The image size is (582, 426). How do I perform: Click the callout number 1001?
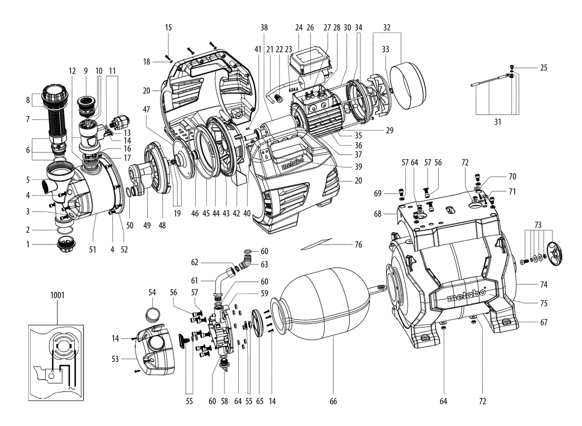(x=57, y=295)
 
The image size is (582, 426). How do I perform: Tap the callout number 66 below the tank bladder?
(x=333, y=401)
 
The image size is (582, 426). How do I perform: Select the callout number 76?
(x=358, y=245)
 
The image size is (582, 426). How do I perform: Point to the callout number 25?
(x=544, y=68)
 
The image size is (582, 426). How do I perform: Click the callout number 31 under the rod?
(x=497, y=122)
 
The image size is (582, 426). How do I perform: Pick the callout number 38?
(x=264, y=28)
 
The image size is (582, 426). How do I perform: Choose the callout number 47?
(x=146, y=110)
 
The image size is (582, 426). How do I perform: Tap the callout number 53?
(x=115, y=359)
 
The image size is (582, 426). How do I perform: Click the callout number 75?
(x=544, y=303)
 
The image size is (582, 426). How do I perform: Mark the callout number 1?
(x=28, y=245)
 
